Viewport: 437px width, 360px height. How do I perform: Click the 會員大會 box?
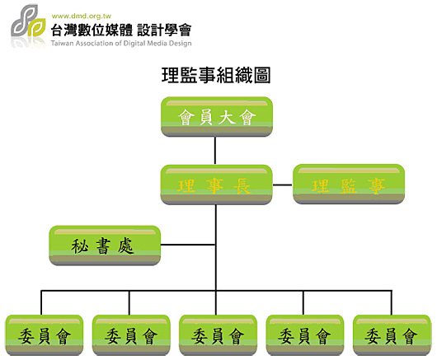click(x=217, y=117)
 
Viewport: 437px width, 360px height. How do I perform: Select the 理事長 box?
click(x=216, y=185)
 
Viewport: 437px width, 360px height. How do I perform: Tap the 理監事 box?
click(x=349, y=184)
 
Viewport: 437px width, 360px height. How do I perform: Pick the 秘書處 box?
click(x=105, y=245)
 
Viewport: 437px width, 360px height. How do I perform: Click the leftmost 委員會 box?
click(x=45, y=335)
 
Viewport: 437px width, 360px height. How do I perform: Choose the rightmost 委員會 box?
click(x=392, y=335)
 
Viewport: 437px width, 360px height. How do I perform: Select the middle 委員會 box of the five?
click(x=218, y=335)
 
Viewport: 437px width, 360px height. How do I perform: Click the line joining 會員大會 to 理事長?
click(x=215, y=151)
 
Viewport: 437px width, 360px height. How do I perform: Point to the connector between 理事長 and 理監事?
click(x=282, y=185)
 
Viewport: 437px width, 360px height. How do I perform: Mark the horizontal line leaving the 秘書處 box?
click(x=188, y=245)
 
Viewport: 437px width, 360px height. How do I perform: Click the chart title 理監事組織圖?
click(x=216, y=75)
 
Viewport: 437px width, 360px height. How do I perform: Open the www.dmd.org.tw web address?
click(x=82, y=16)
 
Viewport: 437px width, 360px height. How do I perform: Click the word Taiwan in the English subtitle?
click(x=62, y=43)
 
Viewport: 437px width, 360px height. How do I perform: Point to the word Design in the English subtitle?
click(x=181, y=44)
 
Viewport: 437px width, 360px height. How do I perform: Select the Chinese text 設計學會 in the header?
click(x=164, y=30)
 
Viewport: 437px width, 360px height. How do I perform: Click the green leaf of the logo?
click(x=37, y=27)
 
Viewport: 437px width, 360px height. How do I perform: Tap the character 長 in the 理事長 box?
click(x=242, y=185)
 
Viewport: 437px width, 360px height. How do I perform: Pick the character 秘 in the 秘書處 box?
click(x=80, y=246)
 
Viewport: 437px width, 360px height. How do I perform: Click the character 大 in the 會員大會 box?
click(x=227, y=117)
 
